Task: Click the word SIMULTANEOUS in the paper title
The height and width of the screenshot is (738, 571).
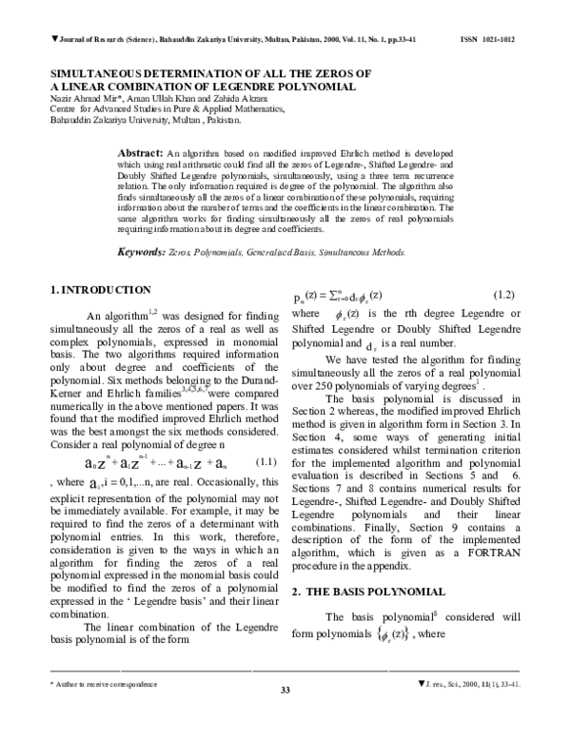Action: pyautogui.click(x=96, y=73)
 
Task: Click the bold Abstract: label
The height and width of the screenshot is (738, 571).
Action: pyautogui.click(x=140, y=152)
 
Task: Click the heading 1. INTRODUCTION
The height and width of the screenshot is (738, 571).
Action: pyautogui.click(x=100, y=289)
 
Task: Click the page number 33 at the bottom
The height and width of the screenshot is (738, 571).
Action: pyautogui.click(x=285, y=716)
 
